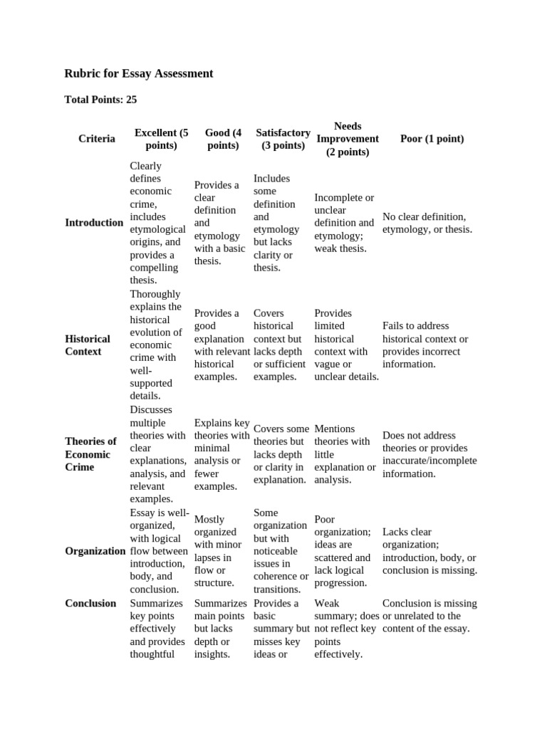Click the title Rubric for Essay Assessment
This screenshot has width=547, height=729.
pos(139,73)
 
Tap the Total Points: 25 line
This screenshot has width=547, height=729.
pos(100,100)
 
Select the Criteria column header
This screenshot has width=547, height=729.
pos(96,139)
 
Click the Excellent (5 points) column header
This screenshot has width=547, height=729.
pos(162,139)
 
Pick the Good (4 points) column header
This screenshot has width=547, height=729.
pos(223,139)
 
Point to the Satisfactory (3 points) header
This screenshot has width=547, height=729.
pos(283,139)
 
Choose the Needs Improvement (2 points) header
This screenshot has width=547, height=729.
pos(348,139)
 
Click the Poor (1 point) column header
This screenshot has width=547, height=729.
pos(432,139)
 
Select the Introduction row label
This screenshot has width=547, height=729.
pos(94,223)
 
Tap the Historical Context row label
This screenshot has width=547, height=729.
pos(88,345)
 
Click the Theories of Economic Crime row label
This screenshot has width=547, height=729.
pos(90,454)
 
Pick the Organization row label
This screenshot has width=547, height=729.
pos(95,551)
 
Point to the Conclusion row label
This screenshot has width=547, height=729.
pos(90,603)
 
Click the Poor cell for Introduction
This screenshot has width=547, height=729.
pos(427,223)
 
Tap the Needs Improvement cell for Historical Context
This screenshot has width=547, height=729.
pos(346,345)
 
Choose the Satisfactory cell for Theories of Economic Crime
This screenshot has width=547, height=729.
pos(281,454)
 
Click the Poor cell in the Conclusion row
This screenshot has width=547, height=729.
pos(429,616)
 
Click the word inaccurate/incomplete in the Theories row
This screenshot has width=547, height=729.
pos(429,461)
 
